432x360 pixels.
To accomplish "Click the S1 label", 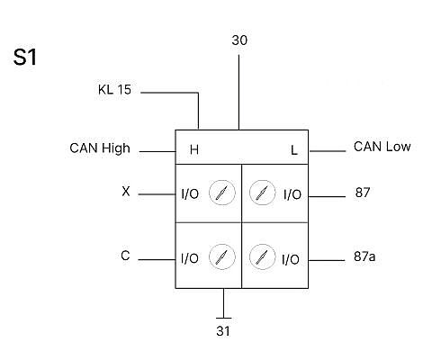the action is point(25,57).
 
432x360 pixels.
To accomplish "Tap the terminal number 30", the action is point(239,40).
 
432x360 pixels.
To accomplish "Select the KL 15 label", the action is point(114,89).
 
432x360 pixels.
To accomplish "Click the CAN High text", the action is point(100,148).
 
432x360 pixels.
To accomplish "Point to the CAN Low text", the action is point(382,147).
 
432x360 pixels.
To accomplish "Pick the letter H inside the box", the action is point(194,149).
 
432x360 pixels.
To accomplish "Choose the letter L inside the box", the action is point(294,150).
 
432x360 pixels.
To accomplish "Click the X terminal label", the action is point(126,191).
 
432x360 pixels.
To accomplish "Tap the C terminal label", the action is point(125,256).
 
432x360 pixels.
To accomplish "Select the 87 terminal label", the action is point(363,193).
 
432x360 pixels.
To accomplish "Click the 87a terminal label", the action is point(364,256).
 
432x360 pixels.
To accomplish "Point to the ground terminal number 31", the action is point(223,331).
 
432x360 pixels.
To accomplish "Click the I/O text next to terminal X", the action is point(190,194).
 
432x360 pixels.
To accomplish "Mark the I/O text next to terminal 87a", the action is point(291,259).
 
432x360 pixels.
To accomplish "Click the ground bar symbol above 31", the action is point(223,318).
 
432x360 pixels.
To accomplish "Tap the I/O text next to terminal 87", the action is point(292,194).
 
